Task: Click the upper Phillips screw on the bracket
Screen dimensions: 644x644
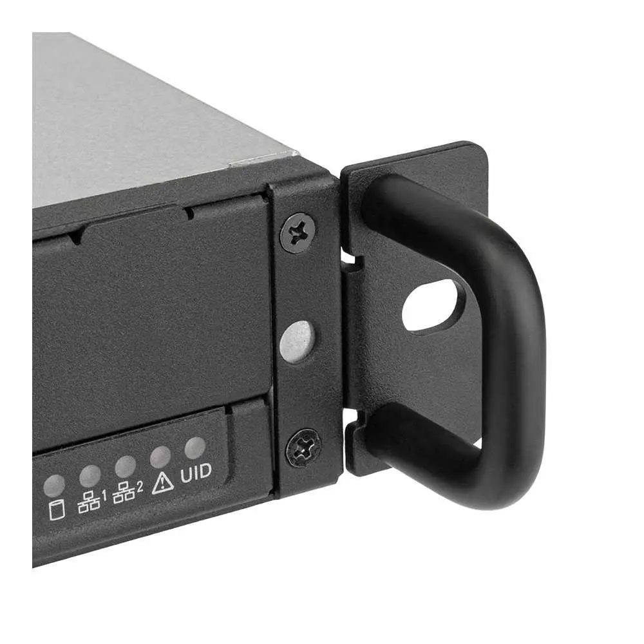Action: click(x=298, y=233)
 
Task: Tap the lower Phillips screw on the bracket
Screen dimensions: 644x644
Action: click(x=303, y=448)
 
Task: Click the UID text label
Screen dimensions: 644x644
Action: click(x=196, y=472)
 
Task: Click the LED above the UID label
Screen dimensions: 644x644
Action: click(x=195, y=448)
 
